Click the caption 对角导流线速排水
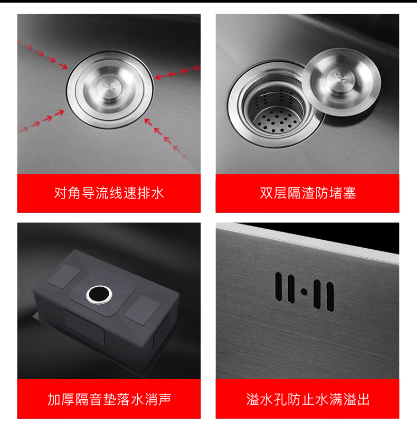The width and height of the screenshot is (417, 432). coord(109,193)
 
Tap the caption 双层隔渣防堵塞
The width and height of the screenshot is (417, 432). coord(308,193)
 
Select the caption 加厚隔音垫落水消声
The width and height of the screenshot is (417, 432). coord(109,399)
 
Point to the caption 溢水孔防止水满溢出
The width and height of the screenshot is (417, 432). coord(308,399)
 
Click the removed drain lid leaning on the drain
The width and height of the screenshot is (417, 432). coord(342,82)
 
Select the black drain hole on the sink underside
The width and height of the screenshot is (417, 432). coord(99,295)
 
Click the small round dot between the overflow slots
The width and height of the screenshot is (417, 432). coord(305,292)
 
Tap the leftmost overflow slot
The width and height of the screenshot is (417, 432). coord(279,286)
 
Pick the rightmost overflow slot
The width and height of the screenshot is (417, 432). coord(330,297)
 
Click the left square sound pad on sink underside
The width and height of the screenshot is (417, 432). coord(64,277)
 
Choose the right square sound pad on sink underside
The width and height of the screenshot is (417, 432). coord(142,310)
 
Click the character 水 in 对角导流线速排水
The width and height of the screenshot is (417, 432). coord(157,193)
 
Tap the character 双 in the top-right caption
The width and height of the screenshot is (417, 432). coord(267,193)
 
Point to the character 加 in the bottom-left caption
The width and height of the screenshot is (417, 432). coord(54,399)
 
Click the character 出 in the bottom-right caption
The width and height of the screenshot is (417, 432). coord(363,399)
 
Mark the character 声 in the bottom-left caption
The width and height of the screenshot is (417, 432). coord(165,399)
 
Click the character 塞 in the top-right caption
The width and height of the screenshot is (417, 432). coord(349,193)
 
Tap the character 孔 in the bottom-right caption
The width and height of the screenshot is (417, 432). coord(280,399)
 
